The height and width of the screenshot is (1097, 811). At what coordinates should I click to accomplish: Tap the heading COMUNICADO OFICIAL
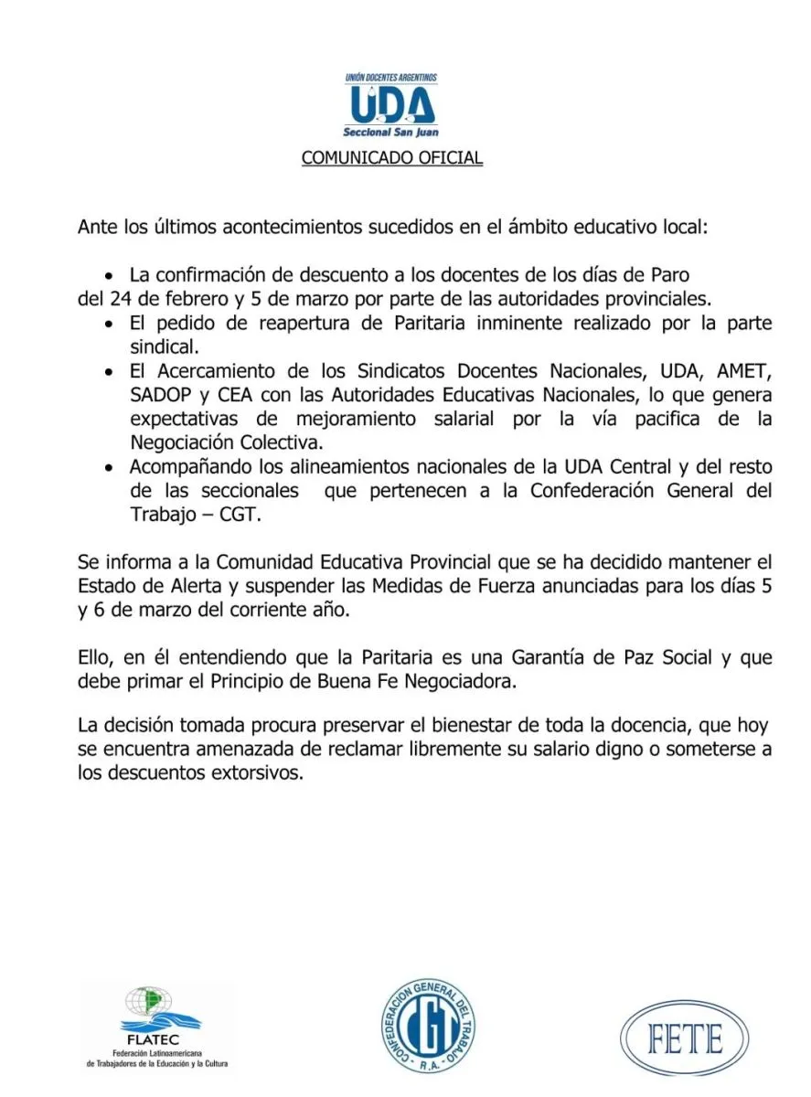click(391, 158)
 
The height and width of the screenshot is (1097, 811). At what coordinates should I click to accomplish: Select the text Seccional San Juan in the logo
click(391, 133)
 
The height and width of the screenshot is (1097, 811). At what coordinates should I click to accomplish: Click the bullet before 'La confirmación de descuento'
click(111, 275)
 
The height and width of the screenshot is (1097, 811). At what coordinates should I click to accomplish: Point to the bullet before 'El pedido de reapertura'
click(111, 325)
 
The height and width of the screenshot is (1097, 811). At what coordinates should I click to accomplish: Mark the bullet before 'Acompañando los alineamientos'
click(111, 467)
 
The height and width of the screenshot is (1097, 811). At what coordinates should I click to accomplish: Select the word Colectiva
click(286, 442)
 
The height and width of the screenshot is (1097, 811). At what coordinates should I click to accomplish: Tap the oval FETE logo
click(685, 1039)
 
